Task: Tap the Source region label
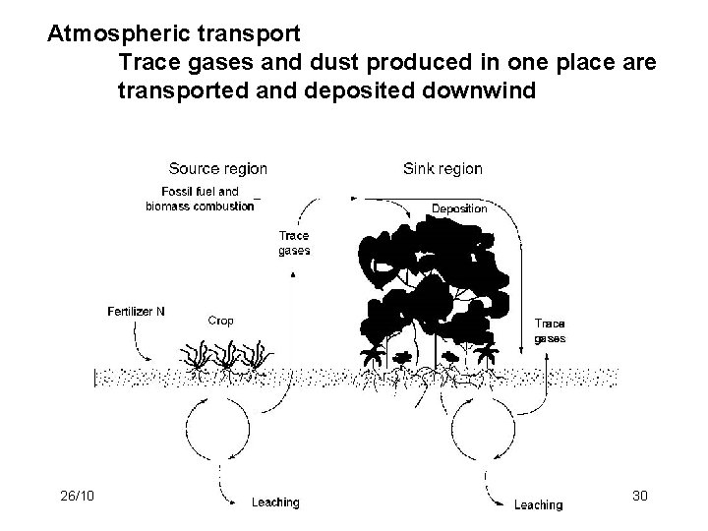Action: pos(217,168)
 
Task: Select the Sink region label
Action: pos(442,168)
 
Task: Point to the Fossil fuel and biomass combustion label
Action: pos(200,199)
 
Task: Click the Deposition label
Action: pos(459,208)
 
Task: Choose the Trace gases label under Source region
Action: pos(294,243)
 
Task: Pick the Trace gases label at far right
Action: pos(549,330)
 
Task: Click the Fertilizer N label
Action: pos(136,312)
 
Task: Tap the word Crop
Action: pos(221,320)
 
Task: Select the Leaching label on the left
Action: pos(275,502)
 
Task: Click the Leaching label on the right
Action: pos(538,504)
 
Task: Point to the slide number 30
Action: pos(639,497)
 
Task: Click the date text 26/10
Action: pos(76,497)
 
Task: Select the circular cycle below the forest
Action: pos(482,429)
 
